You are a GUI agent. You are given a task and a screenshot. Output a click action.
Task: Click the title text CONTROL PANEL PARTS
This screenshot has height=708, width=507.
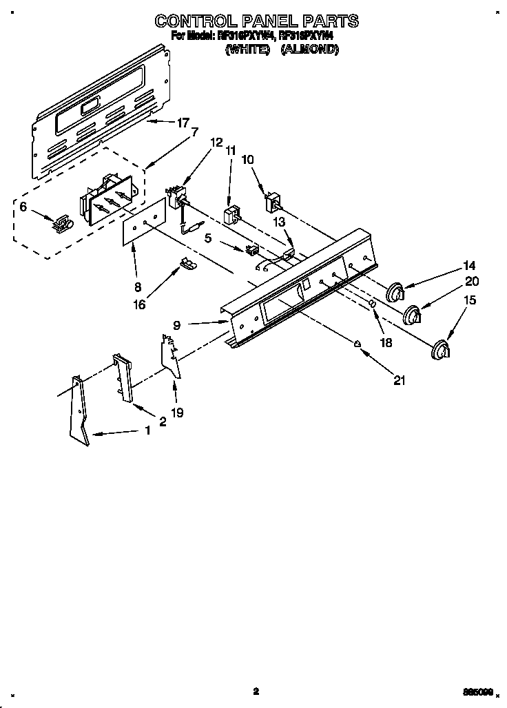coord(256,21)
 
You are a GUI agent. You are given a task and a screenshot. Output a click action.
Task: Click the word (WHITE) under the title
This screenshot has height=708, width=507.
coord(246,50)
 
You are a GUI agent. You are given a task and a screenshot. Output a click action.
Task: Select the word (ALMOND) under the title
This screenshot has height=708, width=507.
coord(309,50)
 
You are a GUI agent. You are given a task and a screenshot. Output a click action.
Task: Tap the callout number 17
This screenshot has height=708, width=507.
coord(182,123)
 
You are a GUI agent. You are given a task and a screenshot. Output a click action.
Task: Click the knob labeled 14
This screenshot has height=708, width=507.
coord(395,292)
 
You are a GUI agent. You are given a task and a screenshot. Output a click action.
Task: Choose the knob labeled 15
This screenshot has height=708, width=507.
coord(438,351)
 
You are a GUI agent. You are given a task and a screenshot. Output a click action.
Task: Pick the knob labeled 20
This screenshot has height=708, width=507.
coord(413,314)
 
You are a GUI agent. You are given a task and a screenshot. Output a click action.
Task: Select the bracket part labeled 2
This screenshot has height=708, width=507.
coord(123,377)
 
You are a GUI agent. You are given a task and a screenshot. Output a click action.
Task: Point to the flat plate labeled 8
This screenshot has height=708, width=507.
coord(145,221)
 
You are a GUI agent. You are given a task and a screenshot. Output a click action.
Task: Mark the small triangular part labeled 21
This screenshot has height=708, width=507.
coord(358,344)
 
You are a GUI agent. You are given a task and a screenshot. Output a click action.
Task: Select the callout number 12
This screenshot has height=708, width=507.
coord(216,143)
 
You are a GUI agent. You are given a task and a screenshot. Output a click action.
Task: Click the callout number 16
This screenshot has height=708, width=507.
coord(140,304)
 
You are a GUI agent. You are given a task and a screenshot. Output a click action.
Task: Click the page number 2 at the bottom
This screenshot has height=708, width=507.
coord(256,691)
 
